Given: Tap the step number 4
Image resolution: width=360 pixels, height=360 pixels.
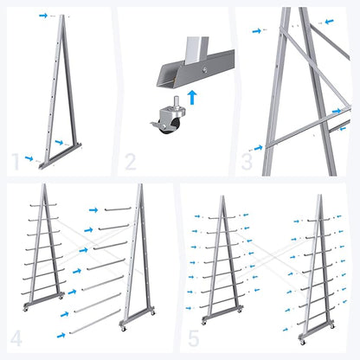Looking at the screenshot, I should (x=17, y=337).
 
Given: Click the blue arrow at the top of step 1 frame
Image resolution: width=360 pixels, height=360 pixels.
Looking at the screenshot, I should (x=44, y=16).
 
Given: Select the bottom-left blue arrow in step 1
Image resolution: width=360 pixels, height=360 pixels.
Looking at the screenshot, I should (x=29, y=158).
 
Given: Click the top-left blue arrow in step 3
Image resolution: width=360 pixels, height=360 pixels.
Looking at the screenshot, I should (x=258, y=30).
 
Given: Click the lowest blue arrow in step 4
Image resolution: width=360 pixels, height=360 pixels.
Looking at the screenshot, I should (x=61, y=333).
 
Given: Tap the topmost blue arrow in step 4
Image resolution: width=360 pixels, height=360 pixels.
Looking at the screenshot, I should (x=94, y=209).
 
